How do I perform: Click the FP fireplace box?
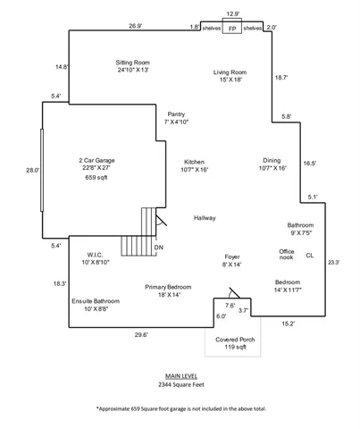232,29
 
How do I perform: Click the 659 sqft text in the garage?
96,178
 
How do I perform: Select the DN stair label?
159,247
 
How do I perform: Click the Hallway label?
205,218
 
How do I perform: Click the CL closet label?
310,256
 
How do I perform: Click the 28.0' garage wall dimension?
32,170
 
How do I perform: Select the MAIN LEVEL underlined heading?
181,376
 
